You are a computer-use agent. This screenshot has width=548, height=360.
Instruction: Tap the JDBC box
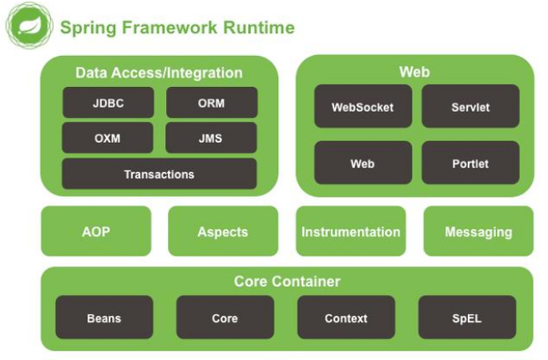point(108,103)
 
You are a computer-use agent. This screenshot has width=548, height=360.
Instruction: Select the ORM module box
point(211,103)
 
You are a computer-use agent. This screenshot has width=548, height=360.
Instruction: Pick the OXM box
point(108,138)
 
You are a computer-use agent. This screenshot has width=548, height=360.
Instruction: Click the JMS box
point(211,138)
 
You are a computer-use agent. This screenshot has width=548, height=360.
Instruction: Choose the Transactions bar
point(159,174)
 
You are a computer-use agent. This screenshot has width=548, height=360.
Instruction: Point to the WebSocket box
point(363,107)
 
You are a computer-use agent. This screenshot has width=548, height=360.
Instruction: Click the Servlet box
point(470,107)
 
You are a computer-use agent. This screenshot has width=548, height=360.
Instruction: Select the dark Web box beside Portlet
point(363,163)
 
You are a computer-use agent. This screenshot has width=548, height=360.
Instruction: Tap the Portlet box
point(470,163)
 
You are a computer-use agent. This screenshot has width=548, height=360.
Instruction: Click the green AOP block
point(96,231)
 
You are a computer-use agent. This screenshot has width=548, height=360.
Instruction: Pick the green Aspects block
point(223,231)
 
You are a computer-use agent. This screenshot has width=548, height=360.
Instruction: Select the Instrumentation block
point(351,231)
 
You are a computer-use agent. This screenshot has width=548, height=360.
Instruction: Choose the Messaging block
point(479,231)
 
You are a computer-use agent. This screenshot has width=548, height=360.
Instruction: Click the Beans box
point(104,317)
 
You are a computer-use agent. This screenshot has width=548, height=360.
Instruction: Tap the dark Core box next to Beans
point(225,317)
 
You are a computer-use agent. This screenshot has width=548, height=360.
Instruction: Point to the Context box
point(346,317)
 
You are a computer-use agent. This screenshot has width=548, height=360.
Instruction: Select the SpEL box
point(467,317)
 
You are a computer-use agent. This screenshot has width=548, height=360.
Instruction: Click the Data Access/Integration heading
point(159,73)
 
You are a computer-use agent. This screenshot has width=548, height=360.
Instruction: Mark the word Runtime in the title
point(258,28)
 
